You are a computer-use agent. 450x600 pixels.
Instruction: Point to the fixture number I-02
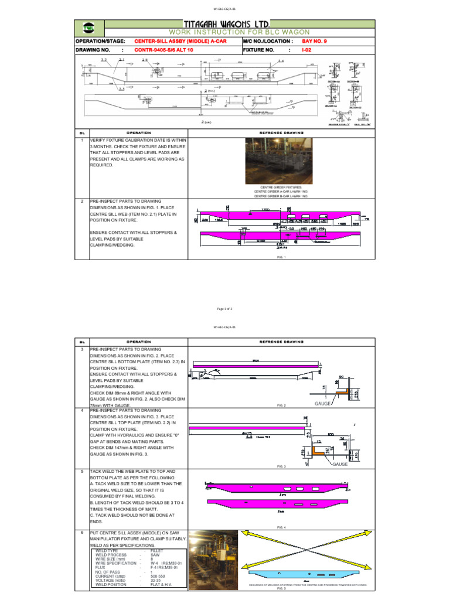coord(306,50)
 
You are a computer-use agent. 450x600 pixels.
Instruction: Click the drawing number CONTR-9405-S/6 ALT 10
coord(169,50)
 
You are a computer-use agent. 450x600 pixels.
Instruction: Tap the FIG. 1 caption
coord(281,257)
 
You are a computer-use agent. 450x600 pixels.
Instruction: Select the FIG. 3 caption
coord(281,466)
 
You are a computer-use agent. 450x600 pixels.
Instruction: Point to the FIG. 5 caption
coord(281,588)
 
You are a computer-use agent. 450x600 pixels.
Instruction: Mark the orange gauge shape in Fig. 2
coord(345,388)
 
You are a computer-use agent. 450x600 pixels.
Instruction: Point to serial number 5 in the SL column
coord(83,471)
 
